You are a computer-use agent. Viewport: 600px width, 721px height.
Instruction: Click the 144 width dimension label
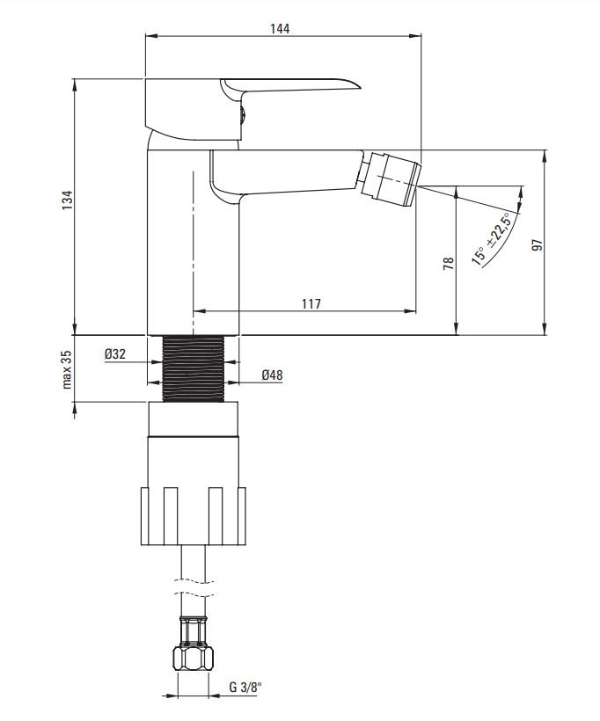coord(280,28)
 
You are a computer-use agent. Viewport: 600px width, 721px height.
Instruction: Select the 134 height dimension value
coord(67,200)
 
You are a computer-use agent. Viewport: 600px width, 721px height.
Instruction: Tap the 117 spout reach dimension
coord(311,304)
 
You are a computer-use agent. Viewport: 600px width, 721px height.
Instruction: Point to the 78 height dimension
coord(448,263)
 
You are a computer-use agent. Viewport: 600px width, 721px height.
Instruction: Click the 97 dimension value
coord(537,245)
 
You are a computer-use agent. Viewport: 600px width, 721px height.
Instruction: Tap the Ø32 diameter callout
coord(115,354)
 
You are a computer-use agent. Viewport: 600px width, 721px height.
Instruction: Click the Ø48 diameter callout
coord(272,375)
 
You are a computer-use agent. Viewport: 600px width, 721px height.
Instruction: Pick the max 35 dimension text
coord(67,369)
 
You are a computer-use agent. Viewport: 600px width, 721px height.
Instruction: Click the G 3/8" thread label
coord(245,688)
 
